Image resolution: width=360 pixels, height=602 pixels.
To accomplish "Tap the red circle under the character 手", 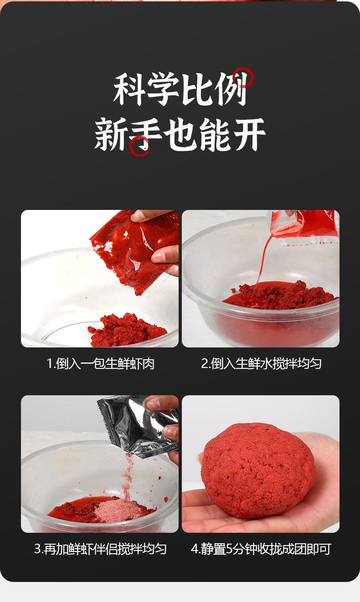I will pyautogui.click(x=139, y=146).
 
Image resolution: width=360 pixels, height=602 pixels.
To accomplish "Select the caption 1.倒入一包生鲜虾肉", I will pyautogui.click(x=101, y=363).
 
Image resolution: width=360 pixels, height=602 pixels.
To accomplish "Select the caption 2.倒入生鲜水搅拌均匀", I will pyautogui.click(x=261, y=363).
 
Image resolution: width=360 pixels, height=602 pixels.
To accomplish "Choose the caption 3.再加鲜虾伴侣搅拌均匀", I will pyautogui.click(x=101, y=549).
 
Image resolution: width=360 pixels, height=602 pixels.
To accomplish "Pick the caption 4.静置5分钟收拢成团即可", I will pyautogui.click(x=261, y=549).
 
